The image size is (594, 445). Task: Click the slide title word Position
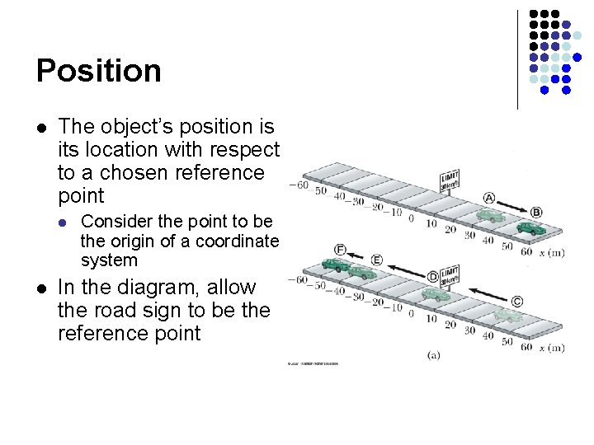point(99,71)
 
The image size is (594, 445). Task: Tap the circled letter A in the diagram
point(489,199)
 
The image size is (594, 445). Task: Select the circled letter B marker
point(536,213)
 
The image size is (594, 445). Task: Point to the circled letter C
point(517,302)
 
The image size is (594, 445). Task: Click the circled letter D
point(433,278)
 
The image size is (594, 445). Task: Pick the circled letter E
point(376,260)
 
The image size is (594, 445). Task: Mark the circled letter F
point(340,249)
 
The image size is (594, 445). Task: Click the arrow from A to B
point(513,206)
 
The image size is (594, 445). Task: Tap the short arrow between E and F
point(358,255)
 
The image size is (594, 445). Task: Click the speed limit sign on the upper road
point(450,181)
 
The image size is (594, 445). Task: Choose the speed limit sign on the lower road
point(450,275)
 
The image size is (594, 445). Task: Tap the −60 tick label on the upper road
point(298,185)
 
